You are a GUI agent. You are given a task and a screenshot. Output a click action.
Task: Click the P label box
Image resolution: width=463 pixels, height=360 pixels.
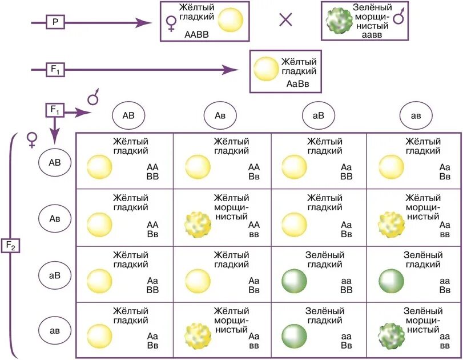55,22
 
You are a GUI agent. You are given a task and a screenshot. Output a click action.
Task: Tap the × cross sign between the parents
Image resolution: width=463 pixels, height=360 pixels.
285,21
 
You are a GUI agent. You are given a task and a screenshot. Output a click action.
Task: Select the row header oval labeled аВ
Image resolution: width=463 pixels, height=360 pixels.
55,275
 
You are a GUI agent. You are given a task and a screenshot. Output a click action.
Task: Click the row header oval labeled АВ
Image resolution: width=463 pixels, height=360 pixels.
55,163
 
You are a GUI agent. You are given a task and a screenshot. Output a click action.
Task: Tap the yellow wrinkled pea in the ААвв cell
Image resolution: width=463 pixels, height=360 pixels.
198,223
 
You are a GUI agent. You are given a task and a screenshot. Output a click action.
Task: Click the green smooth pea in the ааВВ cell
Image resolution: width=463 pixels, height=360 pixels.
295,280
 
